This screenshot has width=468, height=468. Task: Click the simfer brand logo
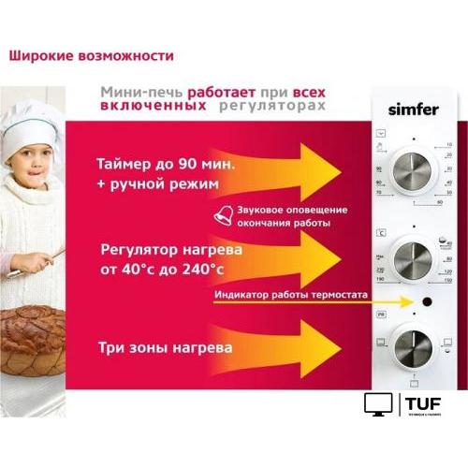[413, 109]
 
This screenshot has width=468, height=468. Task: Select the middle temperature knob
[413, 255]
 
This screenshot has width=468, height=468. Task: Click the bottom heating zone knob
[413, 344]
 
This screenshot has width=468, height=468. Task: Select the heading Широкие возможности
[91, 55]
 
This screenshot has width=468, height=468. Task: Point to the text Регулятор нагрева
[172, 250]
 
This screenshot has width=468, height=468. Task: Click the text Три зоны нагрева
[165, 348]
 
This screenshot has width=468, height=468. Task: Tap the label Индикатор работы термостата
[291, 296]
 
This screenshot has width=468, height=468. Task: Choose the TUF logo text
[424, 402]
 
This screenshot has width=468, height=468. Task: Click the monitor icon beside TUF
[379, 404]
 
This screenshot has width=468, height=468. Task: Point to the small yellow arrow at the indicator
[396, 301]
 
